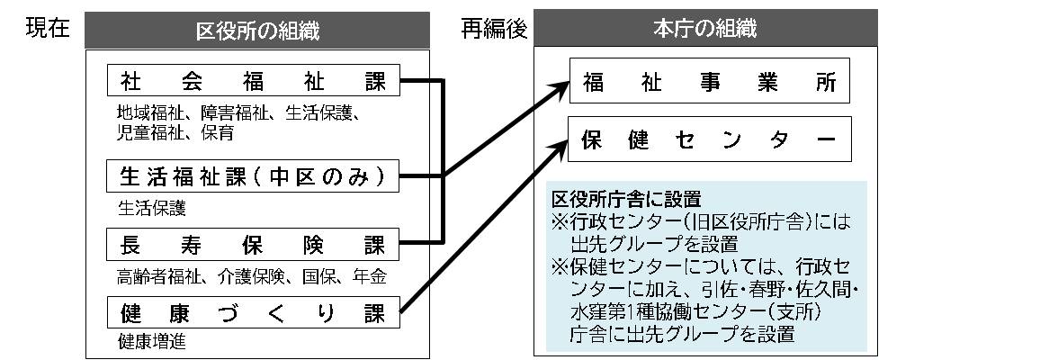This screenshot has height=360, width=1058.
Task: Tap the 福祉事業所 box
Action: click(709, 83)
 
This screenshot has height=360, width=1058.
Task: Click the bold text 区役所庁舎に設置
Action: click(626, 199)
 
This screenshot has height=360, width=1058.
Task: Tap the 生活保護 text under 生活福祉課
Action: click(150, 207)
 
